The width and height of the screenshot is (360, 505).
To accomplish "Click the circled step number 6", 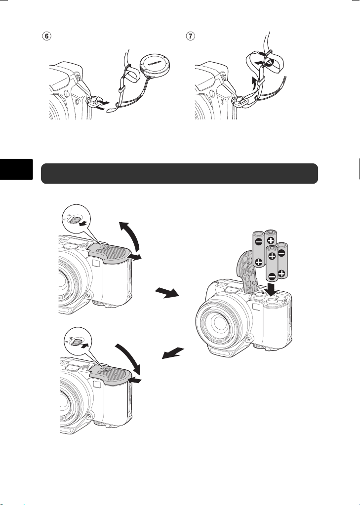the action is [47, 37].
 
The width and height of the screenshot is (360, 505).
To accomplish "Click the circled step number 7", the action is [192, 37].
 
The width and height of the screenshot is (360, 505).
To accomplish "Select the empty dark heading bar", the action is [180, 173].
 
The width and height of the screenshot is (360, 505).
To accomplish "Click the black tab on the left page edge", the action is [16, 169].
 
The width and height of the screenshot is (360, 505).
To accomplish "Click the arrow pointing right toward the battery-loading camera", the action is [167, 293].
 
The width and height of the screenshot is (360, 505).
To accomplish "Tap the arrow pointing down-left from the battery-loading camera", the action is [173, 353].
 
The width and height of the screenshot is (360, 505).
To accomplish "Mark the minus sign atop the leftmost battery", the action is [258, 242].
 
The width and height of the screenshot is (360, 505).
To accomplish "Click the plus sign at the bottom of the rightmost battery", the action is [281, 273].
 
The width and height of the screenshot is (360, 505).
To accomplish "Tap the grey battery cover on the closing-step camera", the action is [112, 374].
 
